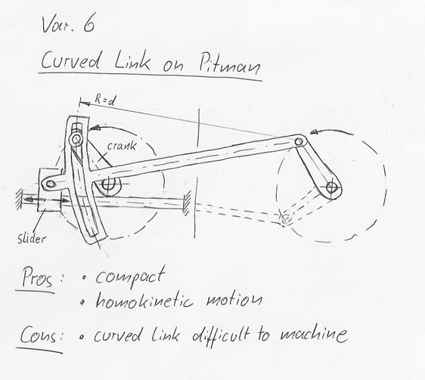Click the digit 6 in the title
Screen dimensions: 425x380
tap(89, 25)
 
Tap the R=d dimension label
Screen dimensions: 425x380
tap(105, 100)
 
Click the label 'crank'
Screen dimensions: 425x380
tap(122, 146)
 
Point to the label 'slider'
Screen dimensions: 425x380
tap(32, 239)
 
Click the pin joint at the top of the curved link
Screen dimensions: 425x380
tap(76, 140)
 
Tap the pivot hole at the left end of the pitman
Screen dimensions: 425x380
tap(51, 184)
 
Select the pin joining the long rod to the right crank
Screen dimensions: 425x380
tap(299, 141)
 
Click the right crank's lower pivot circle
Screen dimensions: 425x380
tap(331, 187)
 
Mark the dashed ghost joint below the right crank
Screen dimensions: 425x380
tap(286, 218)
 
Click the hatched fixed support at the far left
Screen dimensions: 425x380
tap(19, 199)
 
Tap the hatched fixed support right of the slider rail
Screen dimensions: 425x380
tap(187, 202)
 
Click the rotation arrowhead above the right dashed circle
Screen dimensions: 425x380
tap(314, 132)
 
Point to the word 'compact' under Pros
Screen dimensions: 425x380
tap(130, 277)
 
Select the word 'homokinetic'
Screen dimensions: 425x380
tap(144, 300)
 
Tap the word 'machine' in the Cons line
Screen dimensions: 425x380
tap(314, 334)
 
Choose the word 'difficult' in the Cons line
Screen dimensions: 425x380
tap(221, 336)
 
